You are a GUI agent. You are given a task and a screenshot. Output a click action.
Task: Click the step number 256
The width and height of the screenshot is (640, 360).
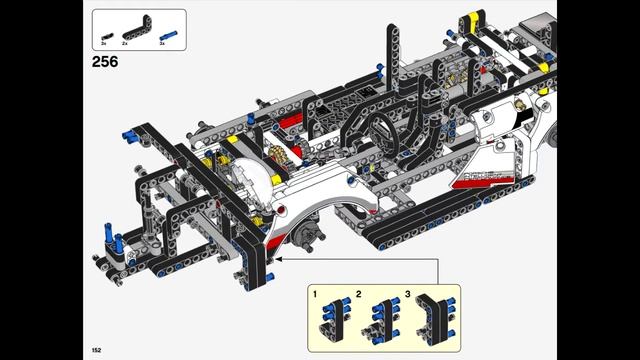[105, 61]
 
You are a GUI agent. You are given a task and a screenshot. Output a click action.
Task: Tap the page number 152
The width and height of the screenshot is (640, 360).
[96, 350]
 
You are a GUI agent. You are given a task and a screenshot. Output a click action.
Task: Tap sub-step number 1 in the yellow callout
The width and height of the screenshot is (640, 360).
[315, 295]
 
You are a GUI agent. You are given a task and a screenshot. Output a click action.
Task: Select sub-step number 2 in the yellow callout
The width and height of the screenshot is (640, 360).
[358, 295]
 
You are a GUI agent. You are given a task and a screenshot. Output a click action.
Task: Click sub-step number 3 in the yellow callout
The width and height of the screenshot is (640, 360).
[408, 295]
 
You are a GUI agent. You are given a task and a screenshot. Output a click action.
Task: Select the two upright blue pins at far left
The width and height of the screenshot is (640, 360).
[110, 243]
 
